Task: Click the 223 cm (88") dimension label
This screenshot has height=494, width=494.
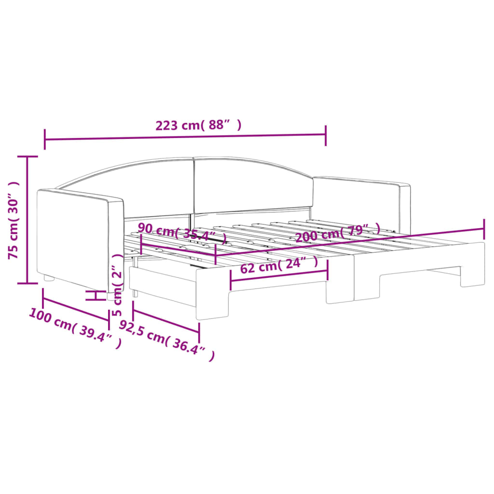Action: (198, 125)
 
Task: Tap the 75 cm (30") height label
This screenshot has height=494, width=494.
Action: (14, 220)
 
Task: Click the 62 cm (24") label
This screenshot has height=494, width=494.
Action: (279, 265)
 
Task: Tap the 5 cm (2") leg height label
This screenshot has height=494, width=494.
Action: (117, 285)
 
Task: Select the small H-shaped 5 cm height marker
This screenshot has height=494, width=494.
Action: (96, 295)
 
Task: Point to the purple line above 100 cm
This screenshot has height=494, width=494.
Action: (76, 307)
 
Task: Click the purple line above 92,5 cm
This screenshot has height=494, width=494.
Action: (165, 319)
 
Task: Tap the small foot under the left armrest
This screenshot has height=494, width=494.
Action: (49, 278)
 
